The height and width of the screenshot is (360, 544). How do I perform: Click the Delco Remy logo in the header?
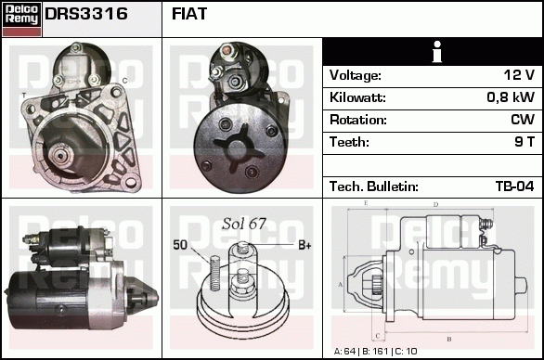point(21,18)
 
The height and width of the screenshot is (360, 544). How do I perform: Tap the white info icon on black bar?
point(433,52)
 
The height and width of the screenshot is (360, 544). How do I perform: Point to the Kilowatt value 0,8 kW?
point(510,97)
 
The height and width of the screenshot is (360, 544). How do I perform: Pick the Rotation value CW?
point(522,120)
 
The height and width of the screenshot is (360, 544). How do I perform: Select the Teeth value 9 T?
point(524,142)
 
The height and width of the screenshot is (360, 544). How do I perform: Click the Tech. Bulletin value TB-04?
point(514,186)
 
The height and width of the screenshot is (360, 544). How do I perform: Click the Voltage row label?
point(356,75)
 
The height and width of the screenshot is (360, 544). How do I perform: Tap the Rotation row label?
point(357,120)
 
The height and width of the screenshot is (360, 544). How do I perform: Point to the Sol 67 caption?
point(243,224)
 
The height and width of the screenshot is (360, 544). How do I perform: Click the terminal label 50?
point(180,245)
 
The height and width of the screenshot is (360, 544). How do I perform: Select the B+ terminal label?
point(304,245)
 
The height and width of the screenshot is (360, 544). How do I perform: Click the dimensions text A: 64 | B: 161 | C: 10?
point(376,352)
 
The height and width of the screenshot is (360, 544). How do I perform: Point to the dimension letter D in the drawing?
point(435,204)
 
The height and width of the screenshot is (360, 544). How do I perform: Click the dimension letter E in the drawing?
point(367,202)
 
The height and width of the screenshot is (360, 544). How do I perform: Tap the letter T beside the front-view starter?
point(23,96)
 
